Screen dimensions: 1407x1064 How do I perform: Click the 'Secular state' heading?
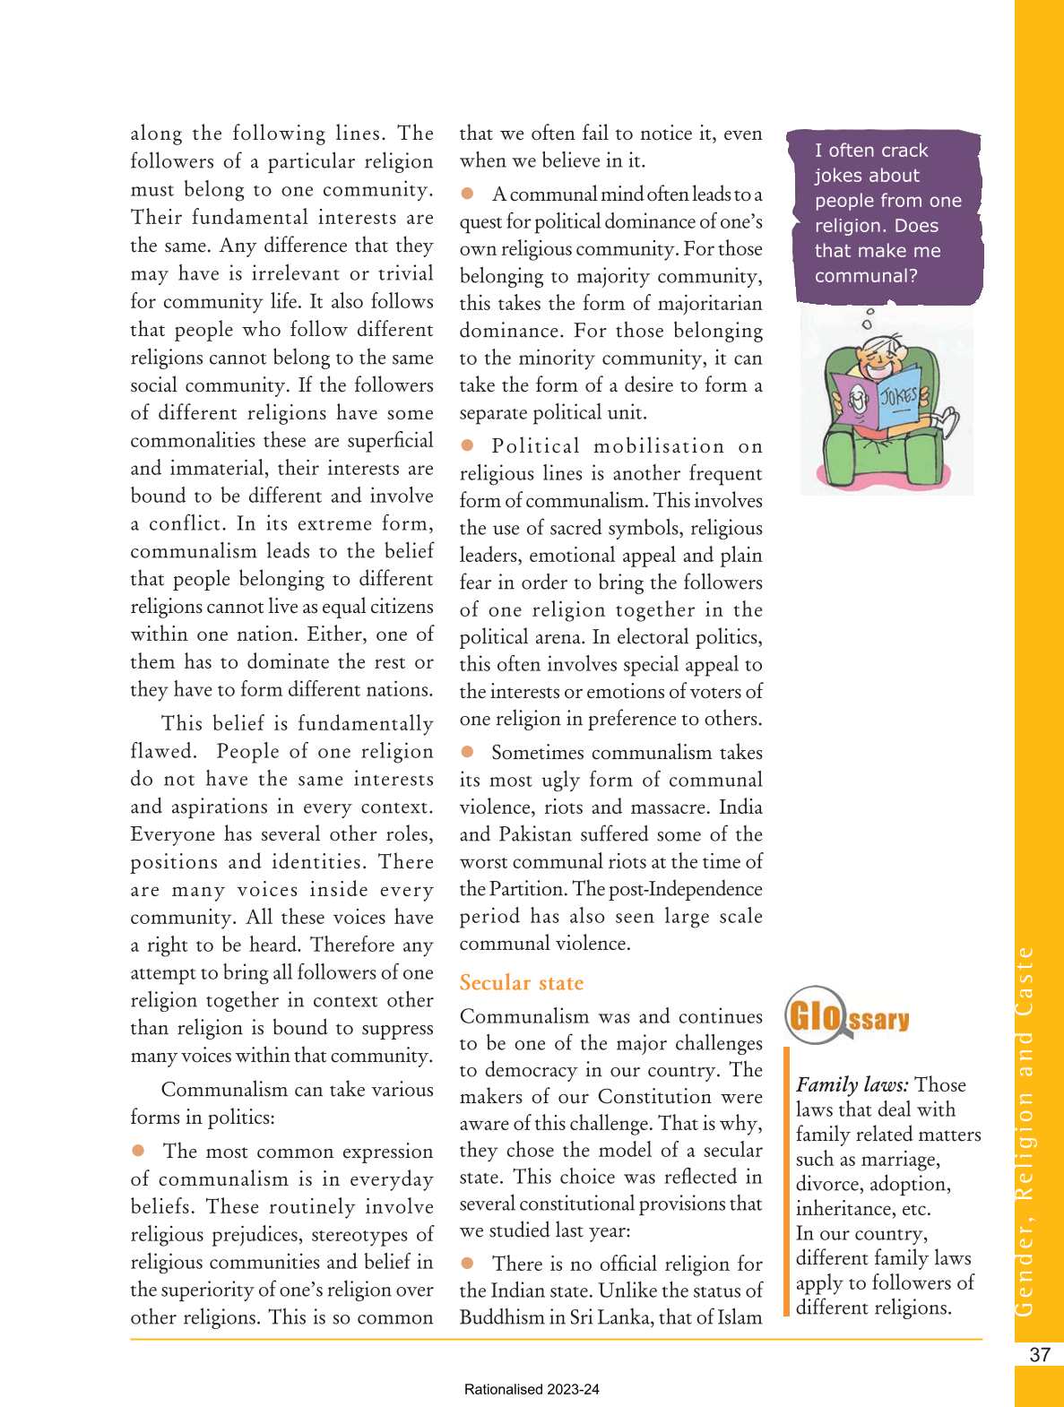click(x=521, y=983)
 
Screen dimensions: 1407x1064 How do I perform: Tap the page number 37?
click(x=1039, y=1355)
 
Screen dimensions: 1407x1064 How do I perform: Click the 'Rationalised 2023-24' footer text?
click(x=532, y=1390)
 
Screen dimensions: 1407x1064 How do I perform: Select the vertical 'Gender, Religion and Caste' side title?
click(x=1025, y=1129)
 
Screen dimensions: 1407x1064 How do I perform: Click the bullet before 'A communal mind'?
click(x=467, y=194)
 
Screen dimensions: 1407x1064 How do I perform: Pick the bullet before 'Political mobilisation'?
click(x=467, y=445)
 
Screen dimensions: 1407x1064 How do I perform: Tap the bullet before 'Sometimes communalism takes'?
click(x=467, y=752)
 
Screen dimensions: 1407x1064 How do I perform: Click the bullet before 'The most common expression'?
click(x=138, y=1151)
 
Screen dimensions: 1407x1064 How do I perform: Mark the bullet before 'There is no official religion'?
click(x=467, y=1263)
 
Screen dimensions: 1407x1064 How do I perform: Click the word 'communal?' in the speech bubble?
click(x=866, y=276)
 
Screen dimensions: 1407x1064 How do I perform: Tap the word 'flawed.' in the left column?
click(x=163, y=751)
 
